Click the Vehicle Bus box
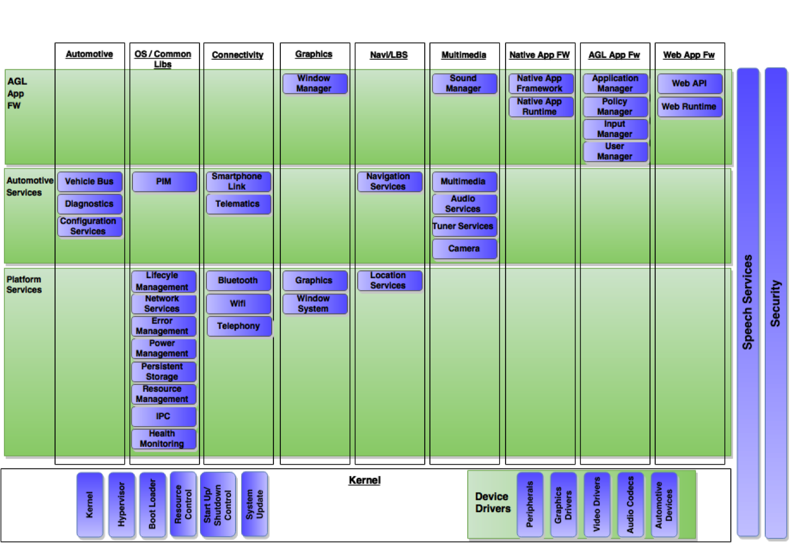point(89,182)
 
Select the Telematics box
point(238,204)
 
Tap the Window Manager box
point(314,84)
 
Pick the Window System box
point(314,304)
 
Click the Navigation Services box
point(389,182)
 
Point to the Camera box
point(464,249)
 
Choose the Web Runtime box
point(689,107)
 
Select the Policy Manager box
point(615,107)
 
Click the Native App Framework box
point(540,84)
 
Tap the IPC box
point(163,416)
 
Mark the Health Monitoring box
point(163,439)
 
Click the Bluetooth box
point(238,281)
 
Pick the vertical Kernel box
point(89,505)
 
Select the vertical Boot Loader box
point(152,505)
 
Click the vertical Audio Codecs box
point(631,505)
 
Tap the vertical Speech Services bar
point(747,302)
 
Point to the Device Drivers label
point(492,502)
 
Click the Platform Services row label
point(24,285)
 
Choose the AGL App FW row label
point(17,93)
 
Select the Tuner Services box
point(463,227)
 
